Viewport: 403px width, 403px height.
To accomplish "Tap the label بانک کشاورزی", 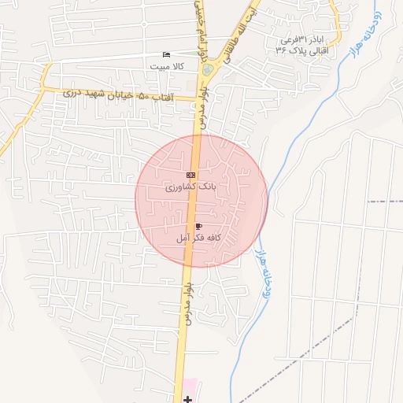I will (x=189, y=188).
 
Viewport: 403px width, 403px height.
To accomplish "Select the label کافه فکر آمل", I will (x=198, y=237).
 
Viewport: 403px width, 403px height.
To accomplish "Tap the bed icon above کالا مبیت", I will (x=165, y=54).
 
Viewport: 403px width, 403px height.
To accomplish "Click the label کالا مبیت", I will (x=168, y=67).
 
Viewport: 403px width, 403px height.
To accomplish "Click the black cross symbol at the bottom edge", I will (x=187, y=399).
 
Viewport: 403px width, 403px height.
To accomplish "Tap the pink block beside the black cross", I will (x=191, y=390).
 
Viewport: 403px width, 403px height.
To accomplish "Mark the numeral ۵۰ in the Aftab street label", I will (x=144, y=95).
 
